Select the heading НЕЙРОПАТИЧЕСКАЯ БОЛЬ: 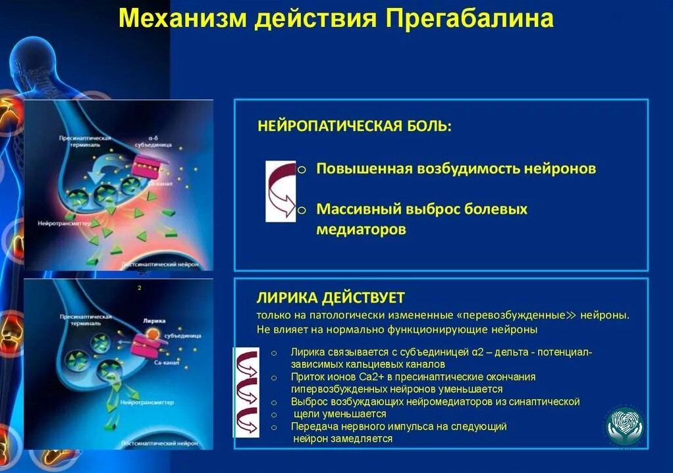click(x=354, y=126)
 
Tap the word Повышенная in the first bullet click(x=364, y=168)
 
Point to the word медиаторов click(x=361, y=230)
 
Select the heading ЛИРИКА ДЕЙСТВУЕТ click(x=331, y=297)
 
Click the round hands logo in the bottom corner click(x=625, y=424)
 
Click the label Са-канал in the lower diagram click(x=165, y=362)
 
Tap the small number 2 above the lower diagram click(x=140, y=287)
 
